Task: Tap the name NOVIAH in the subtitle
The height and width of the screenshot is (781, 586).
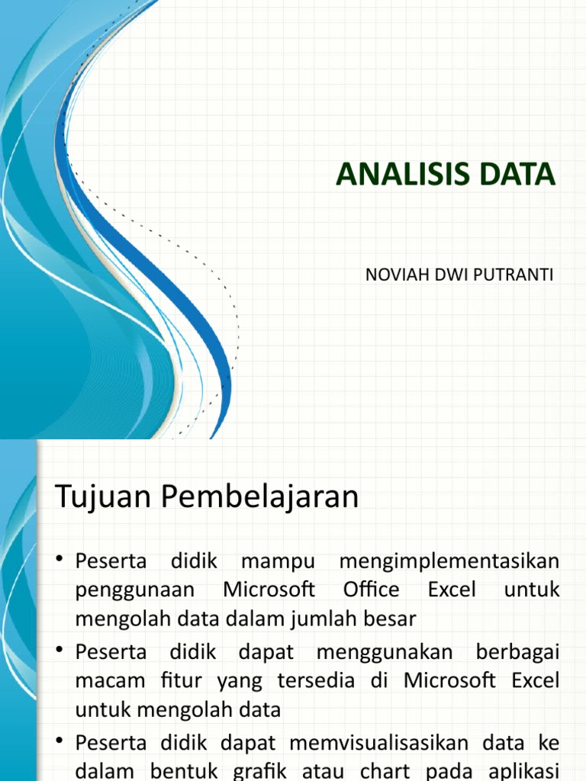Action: point(395,274)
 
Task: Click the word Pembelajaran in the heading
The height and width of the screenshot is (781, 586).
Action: point(260,498)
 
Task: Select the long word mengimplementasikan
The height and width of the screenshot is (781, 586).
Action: point(449,562)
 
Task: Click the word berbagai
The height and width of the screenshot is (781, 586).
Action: point(517,652)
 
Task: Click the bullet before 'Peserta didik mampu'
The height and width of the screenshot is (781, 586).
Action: point(60,562)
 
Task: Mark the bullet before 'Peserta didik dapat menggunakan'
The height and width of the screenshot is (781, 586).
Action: point(60,652)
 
